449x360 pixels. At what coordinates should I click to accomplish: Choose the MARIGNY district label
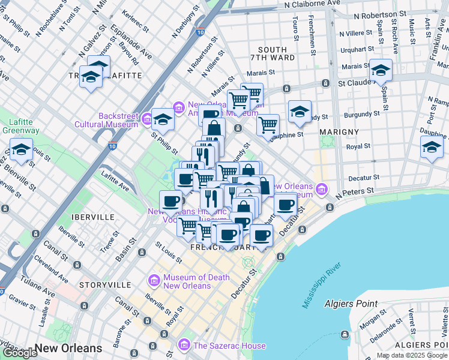[339, 131]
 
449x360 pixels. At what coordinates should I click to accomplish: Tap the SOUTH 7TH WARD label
[276, 53]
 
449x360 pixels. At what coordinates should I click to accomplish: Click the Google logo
[20, 353]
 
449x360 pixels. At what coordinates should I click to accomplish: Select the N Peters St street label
[355, 191]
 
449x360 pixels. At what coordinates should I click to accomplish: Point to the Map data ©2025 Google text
[412, 355]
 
